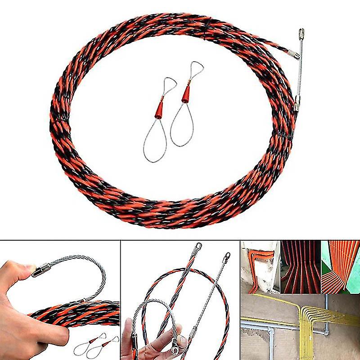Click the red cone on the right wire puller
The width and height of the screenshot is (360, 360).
pyautogui.click(x=186, y=93)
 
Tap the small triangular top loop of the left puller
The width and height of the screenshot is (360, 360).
pyautogui.click(x=169, y=83)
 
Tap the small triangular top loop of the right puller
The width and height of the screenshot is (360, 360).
pyautogui.click(x=197, y=68)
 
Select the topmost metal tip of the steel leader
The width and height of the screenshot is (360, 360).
pyautogui.click(x=301, y=33)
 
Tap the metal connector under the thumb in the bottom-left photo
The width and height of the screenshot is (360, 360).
pyautogui.click(x=41, y=270)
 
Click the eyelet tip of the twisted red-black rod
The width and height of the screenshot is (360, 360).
pyautogui.click(x=198, y=247)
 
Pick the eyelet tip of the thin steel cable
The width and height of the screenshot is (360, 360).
pyautogui.click(x=227, y=256)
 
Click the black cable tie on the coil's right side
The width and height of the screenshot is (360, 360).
pyautogui.click(x=284, y=135)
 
